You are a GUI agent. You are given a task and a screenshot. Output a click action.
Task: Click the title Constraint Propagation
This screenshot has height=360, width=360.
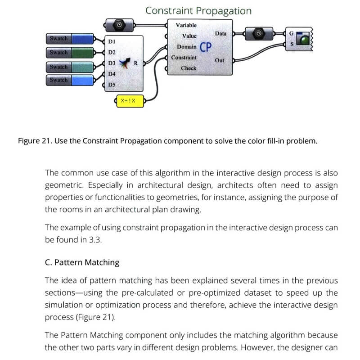[x=198, y=10]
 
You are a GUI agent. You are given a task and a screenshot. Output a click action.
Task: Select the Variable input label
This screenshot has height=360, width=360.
[x=186, y=25]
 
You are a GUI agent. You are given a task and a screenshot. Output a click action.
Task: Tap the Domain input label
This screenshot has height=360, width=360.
[x=186, y=47]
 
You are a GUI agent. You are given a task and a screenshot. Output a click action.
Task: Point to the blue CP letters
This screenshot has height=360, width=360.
[x=205, y=47]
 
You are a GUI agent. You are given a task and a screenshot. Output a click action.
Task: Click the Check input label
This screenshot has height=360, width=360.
[x=189, y=68]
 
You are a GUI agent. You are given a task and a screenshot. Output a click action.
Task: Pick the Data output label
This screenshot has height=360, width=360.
[x=220, y=34]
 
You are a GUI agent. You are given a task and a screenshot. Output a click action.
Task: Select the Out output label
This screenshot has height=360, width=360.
[x=220, y=60]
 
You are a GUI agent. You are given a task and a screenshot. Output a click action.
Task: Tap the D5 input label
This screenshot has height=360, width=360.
[x=112, y=85]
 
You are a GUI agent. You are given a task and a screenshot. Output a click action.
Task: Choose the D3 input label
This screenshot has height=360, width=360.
[x=112, y=63]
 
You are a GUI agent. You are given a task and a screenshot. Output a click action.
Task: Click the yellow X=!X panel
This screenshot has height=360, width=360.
[x=130, y=101]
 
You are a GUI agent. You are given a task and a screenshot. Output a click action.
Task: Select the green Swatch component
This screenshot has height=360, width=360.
[x=70, y=53]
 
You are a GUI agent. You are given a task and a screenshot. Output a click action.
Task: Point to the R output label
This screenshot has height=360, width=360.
[x=136, y=63]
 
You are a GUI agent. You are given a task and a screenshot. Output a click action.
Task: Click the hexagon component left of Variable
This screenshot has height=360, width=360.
[x=119, y=25]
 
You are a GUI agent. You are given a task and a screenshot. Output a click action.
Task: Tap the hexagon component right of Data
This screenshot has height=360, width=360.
[x=258, y=34]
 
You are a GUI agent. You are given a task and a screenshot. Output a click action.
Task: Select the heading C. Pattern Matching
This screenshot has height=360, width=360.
[x=82, y=262]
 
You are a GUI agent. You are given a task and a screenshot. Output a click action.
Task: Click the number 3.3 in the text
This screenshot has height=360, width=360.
[x=96, y=240]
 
